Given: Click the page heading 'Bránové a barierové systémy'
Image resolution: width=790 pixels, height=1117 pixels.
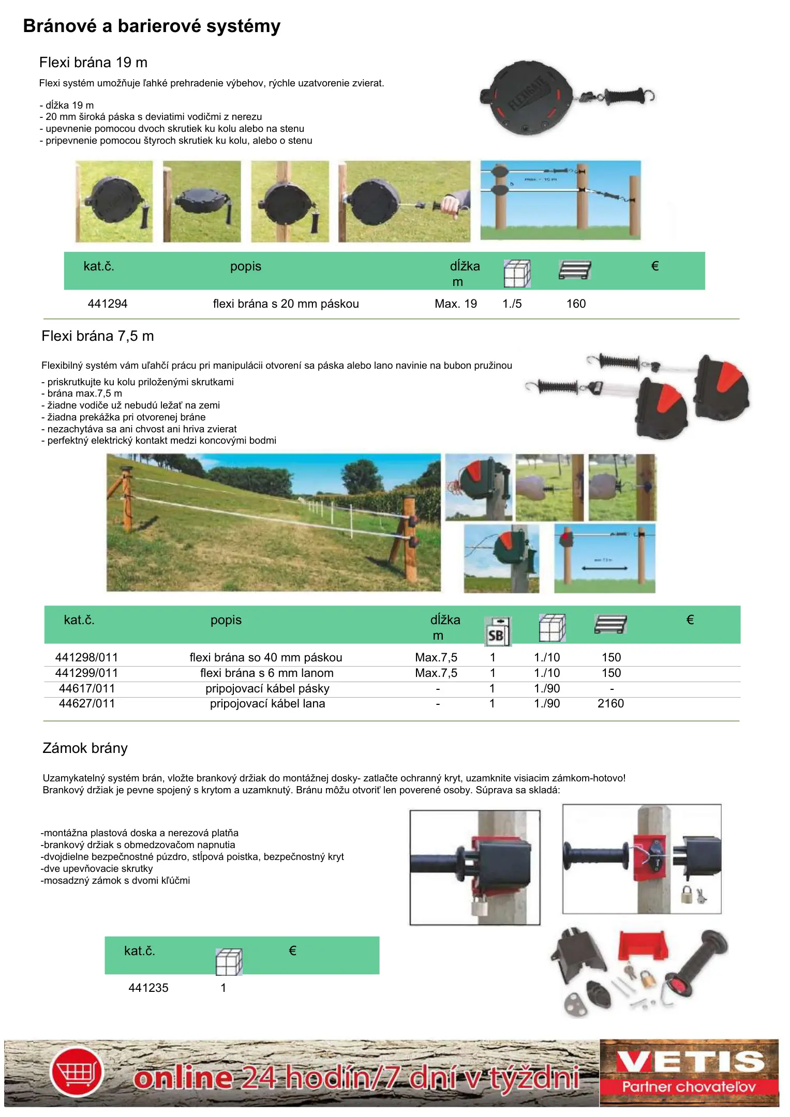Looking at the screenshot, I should pyautogui.click(x=152, y=26).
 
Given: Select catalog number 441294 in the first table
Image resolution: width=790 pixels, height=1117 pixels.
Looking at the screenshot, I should pyautogui.click(x=108, y=304).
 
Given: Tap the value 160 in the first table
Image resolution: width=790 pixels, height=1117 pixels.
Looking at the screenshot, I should pyautogui.click(x=576, y=304).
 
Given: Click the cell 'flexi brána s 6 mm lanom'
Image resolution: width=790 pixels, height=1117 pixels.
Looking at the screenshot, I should pyautogui.click(x=266, y=673).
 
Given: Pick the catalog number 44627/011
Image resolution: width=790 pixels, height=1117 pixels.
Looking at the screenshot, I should pyautogui.click(x=87, y=703).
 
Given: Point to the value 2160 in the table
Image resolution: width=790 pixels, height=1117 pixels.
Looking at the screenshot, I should pyautogui.click(x=610, y=703).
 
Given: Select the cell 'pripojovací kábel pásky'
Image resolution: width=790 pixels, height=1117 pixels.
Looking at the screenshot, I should pyautogui.click(x=267, y=688).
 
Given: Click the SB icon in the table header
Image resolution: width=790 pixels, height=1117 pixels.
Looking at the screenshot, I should pyautogui.click(x=497, y=631).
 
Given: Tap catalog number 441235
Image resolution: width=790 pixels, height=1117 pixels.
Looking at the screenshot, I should pyautogui.click(x=148, y=988).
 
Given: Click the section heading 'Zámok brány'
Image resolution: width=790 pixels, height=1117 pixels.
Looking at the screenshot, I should pyautogui.click(x=85, y=748).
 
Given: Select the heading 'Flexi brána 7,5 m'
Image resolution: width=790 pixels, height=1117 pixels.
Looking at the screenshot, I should pyautogui.click(x=98, y=336).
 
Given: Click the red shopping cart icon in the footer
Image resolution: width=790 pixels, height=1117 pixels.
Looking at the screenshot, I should pyautogui.click(x=77, y=1072).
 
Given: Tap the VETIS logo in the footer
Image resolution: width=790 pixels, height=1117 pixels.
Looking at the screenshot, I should pyautogui.click(x=689, y=1071).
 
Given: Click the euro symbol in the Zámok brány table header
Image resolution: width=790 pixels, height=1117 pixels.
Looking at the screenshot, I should pyautogui.click(x=292, y=950).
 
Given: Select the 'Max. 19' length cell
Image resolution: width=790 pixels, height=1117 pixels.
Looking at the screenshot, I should pyautogui.click(x=456, y=304).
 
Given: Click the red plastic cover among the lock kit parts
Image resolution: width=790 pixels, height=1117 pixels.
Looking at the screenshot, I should pyautogui.click(x=643, y=945).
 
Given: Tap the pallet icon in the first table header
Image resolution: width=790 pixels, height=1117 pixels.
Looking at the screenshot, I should pyautogui.click(x=574, y=270).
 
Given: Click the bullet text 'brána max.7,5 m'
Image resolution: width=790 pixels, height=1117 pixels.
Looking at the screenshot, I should pyautogui.click(x=84, y=393).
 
